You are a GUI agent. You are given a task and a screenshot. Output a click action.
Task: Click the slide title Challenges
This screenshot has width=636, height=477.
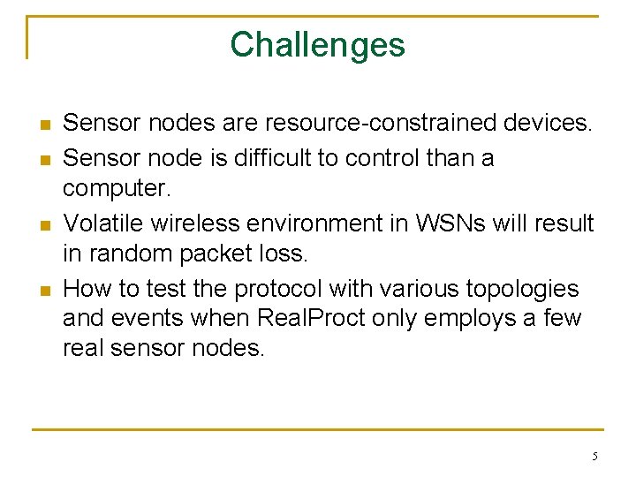(x=317, y=44)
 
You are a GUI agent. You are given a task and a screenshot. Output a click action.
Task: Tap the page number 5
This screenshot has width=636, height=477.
(x=594, y=457)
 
